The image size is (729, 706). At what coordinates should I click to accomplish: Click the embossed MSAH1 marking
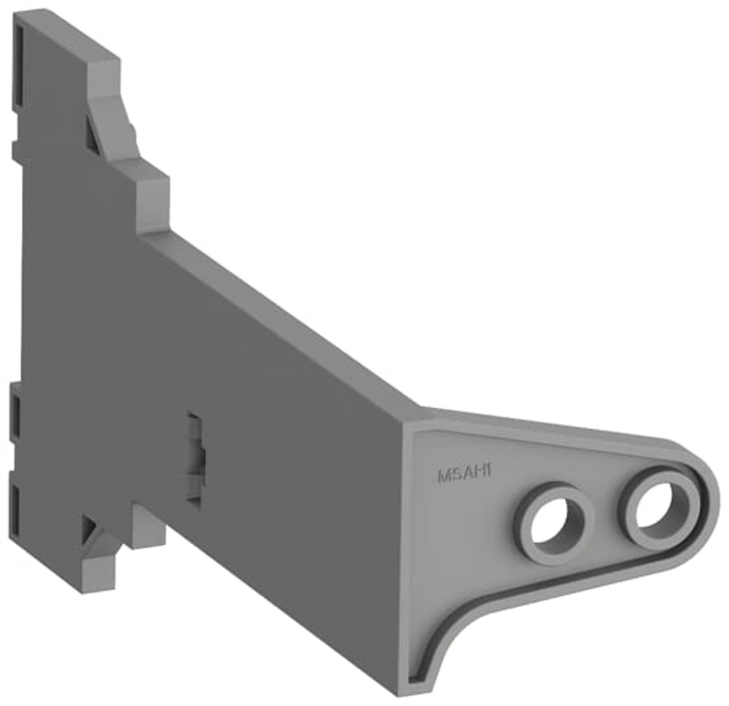click(x=464, y=474)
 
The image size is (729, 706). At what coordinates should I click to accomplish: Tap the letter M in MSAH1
click(x=443, y=476)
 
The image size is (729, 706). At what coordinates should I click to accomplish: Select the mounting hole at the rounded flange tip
click(x=658, y=508)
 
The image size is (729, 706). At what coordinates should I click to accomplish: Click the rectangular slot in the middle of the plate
click(x=195, y=458)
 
